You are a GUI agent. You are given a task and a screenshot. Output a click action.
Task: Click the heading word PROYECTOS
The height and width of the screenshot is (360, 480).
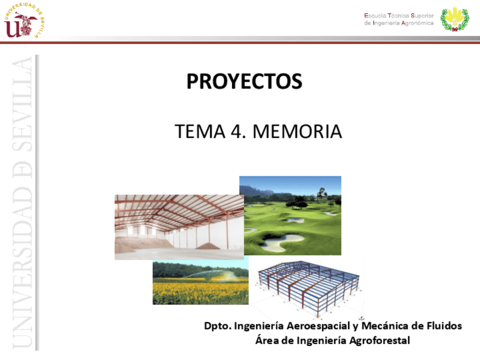[x=245, y=81]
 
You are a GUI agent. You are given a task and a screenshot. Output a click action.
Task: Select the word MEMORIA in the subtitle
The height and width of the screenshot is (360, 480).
[x=297, y=132]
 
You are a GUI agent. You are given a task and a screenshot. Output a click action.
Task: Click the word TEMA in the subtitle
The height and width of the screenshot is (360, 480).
[x=200, y=132]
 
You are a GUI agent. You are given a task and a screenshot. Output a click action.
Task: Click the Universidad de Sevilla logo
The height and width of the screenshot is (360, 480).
[x=24, y=22]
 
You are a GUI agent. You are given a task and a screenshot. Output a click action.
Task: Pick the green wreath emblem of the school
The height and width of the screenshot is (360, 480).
[x=455, y=19]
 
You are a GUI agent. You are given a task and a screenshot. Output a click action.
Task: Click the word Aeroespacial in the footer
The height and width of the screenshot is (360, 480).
[x=318, y=325]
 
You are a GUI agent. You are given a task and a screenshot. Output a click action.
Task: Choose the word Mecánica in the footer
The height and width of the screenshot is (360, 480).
[x=385, y=325]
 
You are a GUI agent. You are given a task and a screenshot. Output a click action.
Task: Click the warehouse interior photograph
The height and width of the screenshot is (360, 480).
[x=179, y=227]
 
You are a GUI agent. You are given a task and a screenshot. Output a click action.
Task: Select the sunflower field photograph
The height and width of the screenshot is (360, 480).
[x=200, y=282]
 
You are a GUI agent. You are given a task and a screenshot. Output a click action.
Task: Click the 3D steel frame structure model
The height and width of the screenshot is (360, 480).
[x=308, y=288]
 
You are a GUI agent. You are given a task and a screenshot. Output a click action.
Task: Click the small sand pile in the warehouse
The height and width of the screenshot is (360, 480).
[x=208, y=246]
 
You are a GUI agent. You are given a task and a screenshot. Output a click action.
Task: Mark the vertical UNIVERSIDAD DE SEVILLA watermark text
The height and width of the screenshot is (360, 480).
[x=22, y=202]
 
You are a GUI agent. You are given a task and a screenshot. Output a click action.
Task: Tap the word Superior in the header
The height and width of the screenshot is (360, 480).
[x=422, y=16]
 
